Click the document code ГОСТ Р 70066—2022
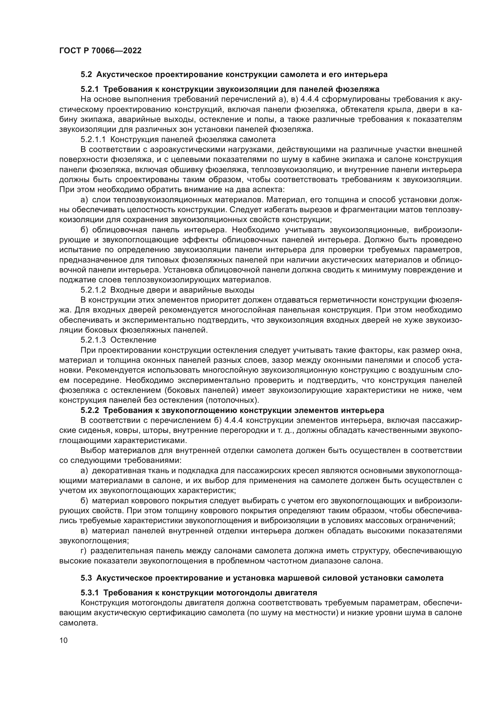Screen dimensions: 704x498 pos(100,51)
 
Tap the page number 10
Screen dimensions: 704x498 pos(64,640)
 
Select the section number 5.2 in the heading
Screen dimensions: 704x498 pos(86,75)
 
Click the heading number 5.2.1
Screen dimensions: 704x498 pos(90,89)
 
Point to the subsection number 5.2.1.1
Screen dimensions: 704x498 pos(93,140)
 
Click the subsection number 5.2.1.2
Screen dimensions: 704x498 pos(93,290)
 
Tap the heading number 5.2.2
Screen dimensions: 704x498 pos(90,410)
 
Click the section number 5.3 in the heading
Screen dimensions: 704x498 pos(86,578)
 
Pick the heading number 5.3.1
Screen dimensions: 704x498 pos(90,592)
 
